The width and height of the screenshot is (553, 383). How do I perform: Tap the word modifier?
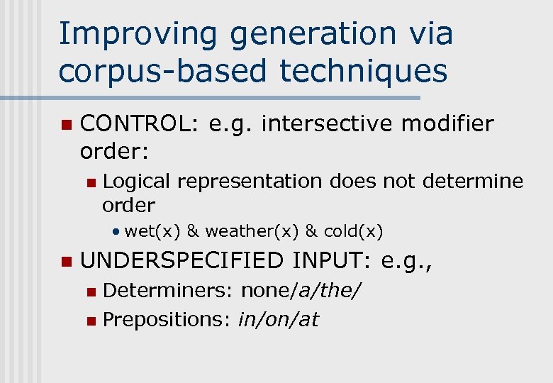[447, 124]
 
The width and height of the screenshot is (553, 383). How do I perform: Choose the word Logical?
[136, 182]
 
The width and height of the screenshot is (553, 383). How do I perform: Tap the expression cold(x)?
[353, 231]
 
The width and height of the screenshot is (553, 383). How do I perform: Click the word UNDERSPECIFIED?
[182, 261]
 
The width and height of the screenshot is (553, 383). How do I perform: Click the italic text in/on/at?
[278, 320]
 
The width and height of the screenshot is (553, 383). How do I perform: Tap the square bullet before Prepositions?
[89, 321]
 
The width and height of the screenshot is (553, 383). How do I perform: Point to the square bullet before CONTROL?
[66, 125]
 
